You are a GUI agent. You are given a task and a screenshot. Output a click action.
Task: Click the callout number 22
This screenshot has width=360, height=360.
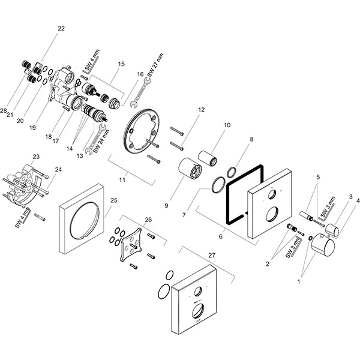tap(61, 28)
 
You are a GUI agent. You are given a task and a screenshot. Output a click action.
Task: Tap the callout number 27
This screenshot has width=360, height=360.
tap(211, 255)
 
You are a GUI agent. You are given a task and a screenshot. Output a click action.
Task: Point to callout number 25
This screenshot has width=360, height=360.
tap(114, 200)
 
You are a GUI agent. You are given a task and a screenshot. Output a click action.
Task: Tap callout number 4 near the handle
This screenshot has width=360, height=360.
tap(358, 201)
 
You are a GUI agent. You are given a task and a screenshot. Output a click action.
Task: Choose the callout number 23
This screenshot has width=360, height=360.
tap(36, 157)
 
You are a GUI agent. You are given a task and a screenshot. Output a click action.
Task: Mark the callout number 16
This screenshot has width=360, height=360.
tap(140, 74)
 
